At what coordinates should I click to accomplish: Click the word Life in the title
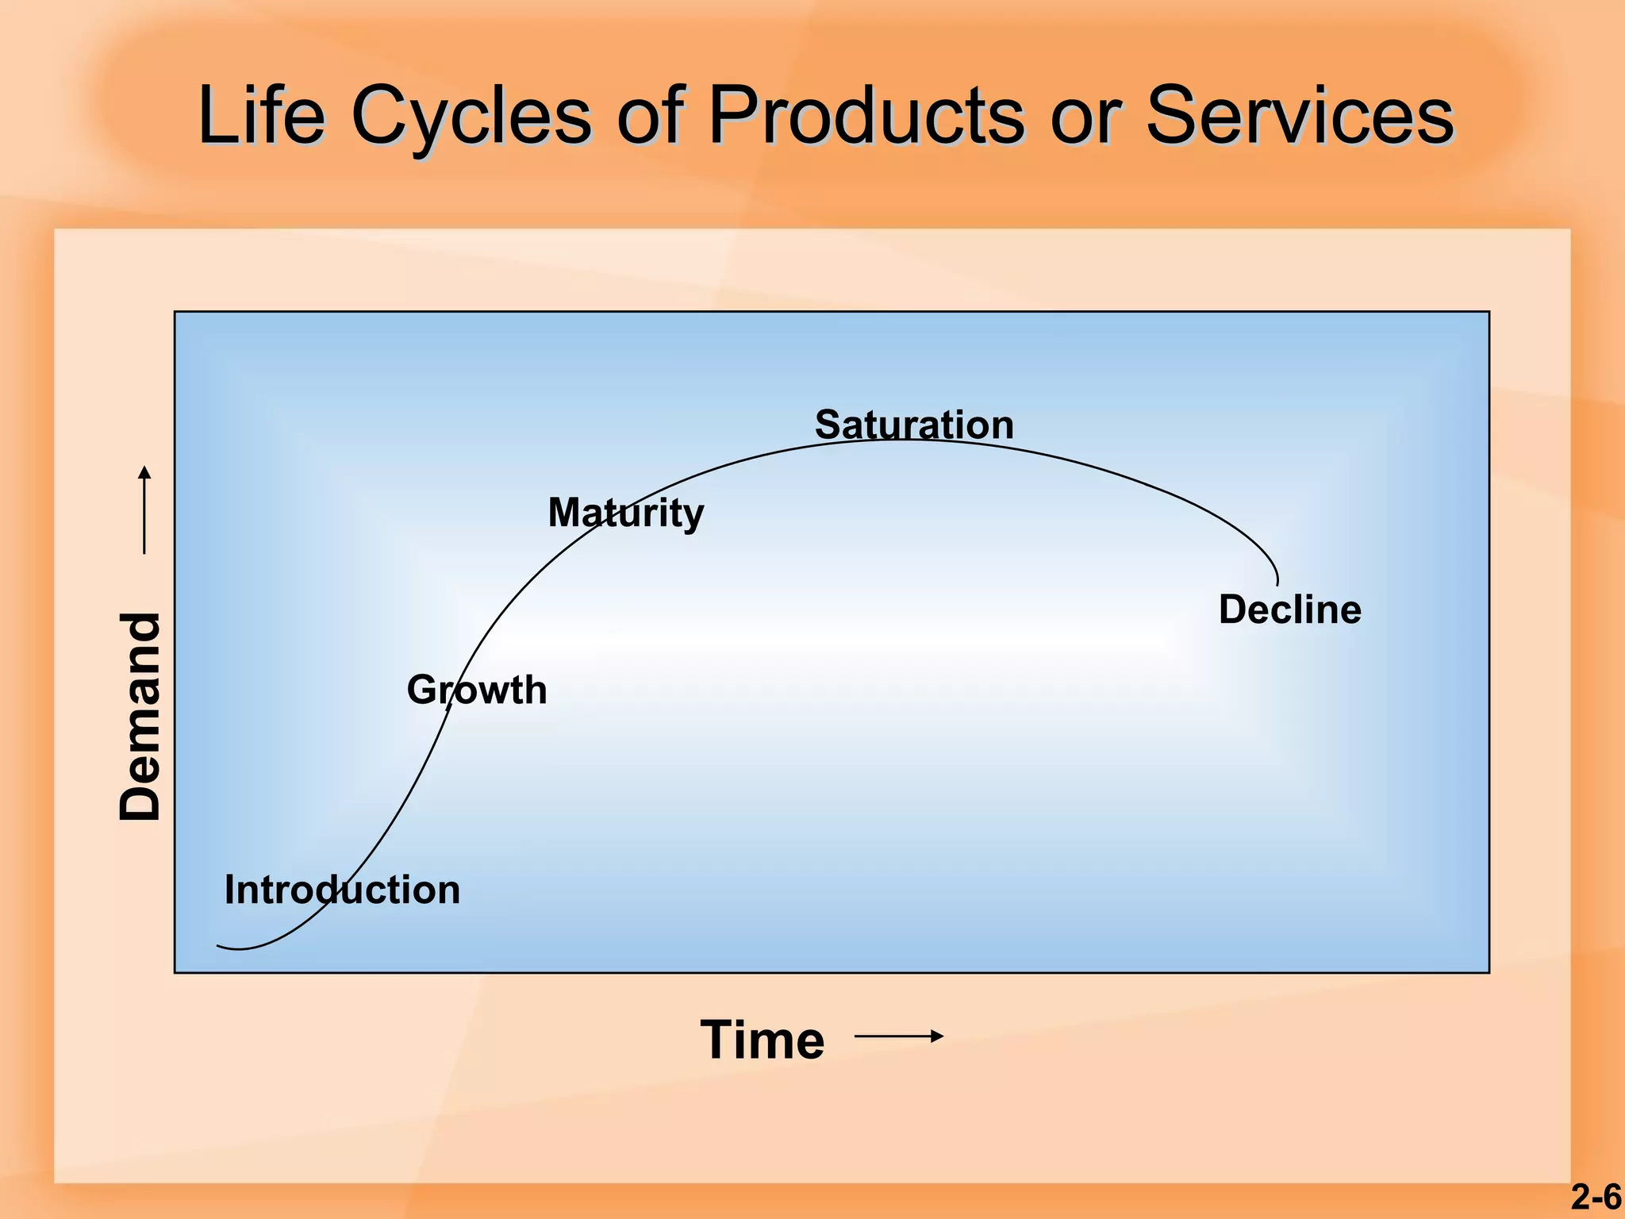(261, 116)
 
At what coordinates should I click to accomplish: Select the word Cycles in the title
(471, 116)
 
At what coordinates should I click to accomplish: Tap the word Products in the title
(866, 116)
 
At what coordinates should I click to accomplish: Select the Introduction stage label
(342, 890)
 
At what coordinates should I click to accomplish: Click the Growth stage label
(477, 690)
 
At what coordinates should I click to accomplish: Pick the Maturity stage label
(625, 513)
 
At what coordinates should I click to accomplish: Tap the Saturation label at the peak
(914, 425)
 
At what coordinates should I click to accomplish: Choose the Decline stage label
(1289, 609)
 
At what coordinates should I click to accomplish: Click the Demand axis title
(140, 716)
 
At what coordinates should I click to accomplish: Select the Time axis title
(762, 1040)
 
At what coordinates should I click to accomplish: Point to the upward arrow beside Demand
(144, 509)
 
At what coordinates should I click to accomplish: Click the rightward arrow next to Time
(899, 1036)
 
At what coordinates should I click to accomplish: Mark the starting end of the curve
(219, 945)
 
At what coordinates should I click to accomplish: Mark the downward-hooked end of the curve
(1277, 583)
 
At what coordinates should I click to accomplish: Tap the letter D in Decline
(1232, 609)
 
